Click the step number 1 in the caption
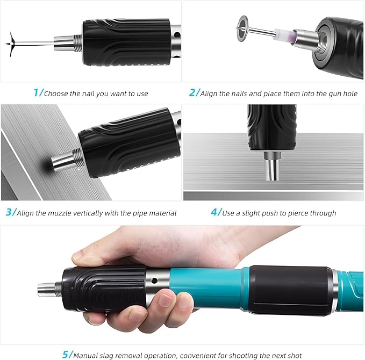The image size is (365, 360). (36, 92)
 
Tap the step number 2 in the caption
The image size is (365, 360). (193, 92)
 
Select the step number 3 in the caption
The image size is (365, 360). (9, 212)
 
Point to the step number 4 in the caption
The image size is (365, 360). (214, 212)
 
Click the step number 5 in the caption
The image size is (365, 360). (66, 354)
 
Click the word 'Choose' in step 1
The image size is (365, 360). (56, 93)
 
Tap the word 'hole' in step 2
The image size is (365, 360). (349, 93)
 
